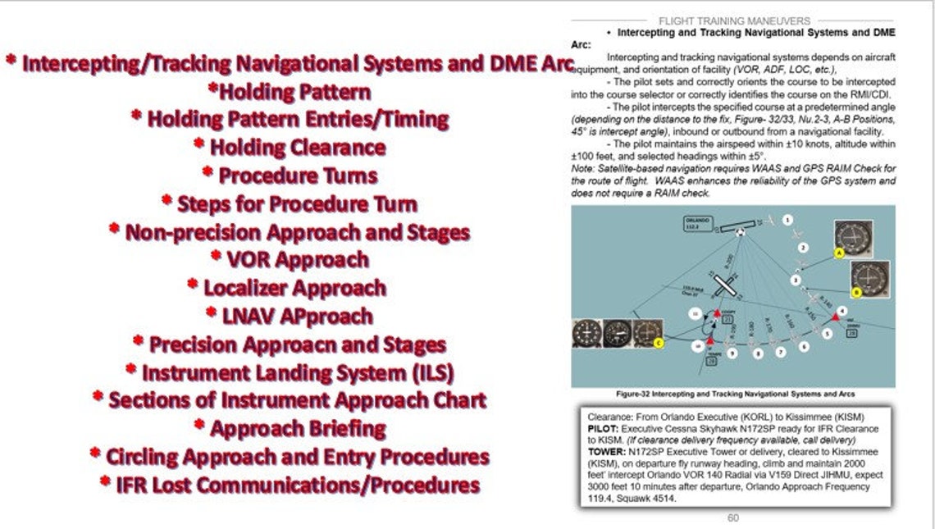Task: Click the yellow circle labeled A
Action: (x=839, y=253)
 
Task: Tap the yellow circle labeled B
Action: (x=856, y=291)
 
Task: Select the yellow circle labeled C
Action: (x=658, y=344)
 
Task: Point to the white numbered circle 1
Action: (x=787, y=220)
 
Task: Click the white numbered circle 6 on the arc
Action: (x=803, y=346)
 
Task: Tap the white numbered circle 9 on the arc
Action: (x=732, y=353)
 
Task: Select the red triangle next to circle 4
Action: (x=836, y=317)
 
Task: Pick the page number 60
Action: (x=732, y=518)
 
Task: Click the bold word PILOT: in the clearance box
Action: (x=604, y=429)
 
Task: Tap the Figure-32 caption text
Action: (x=733, y=394)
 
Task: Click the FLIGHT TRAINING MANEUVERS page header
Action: (x=734, y=21)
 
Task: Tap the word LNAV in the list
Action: (x=253, y=316)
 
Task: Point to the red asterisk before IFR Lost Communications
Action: (x=105, y=483)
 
